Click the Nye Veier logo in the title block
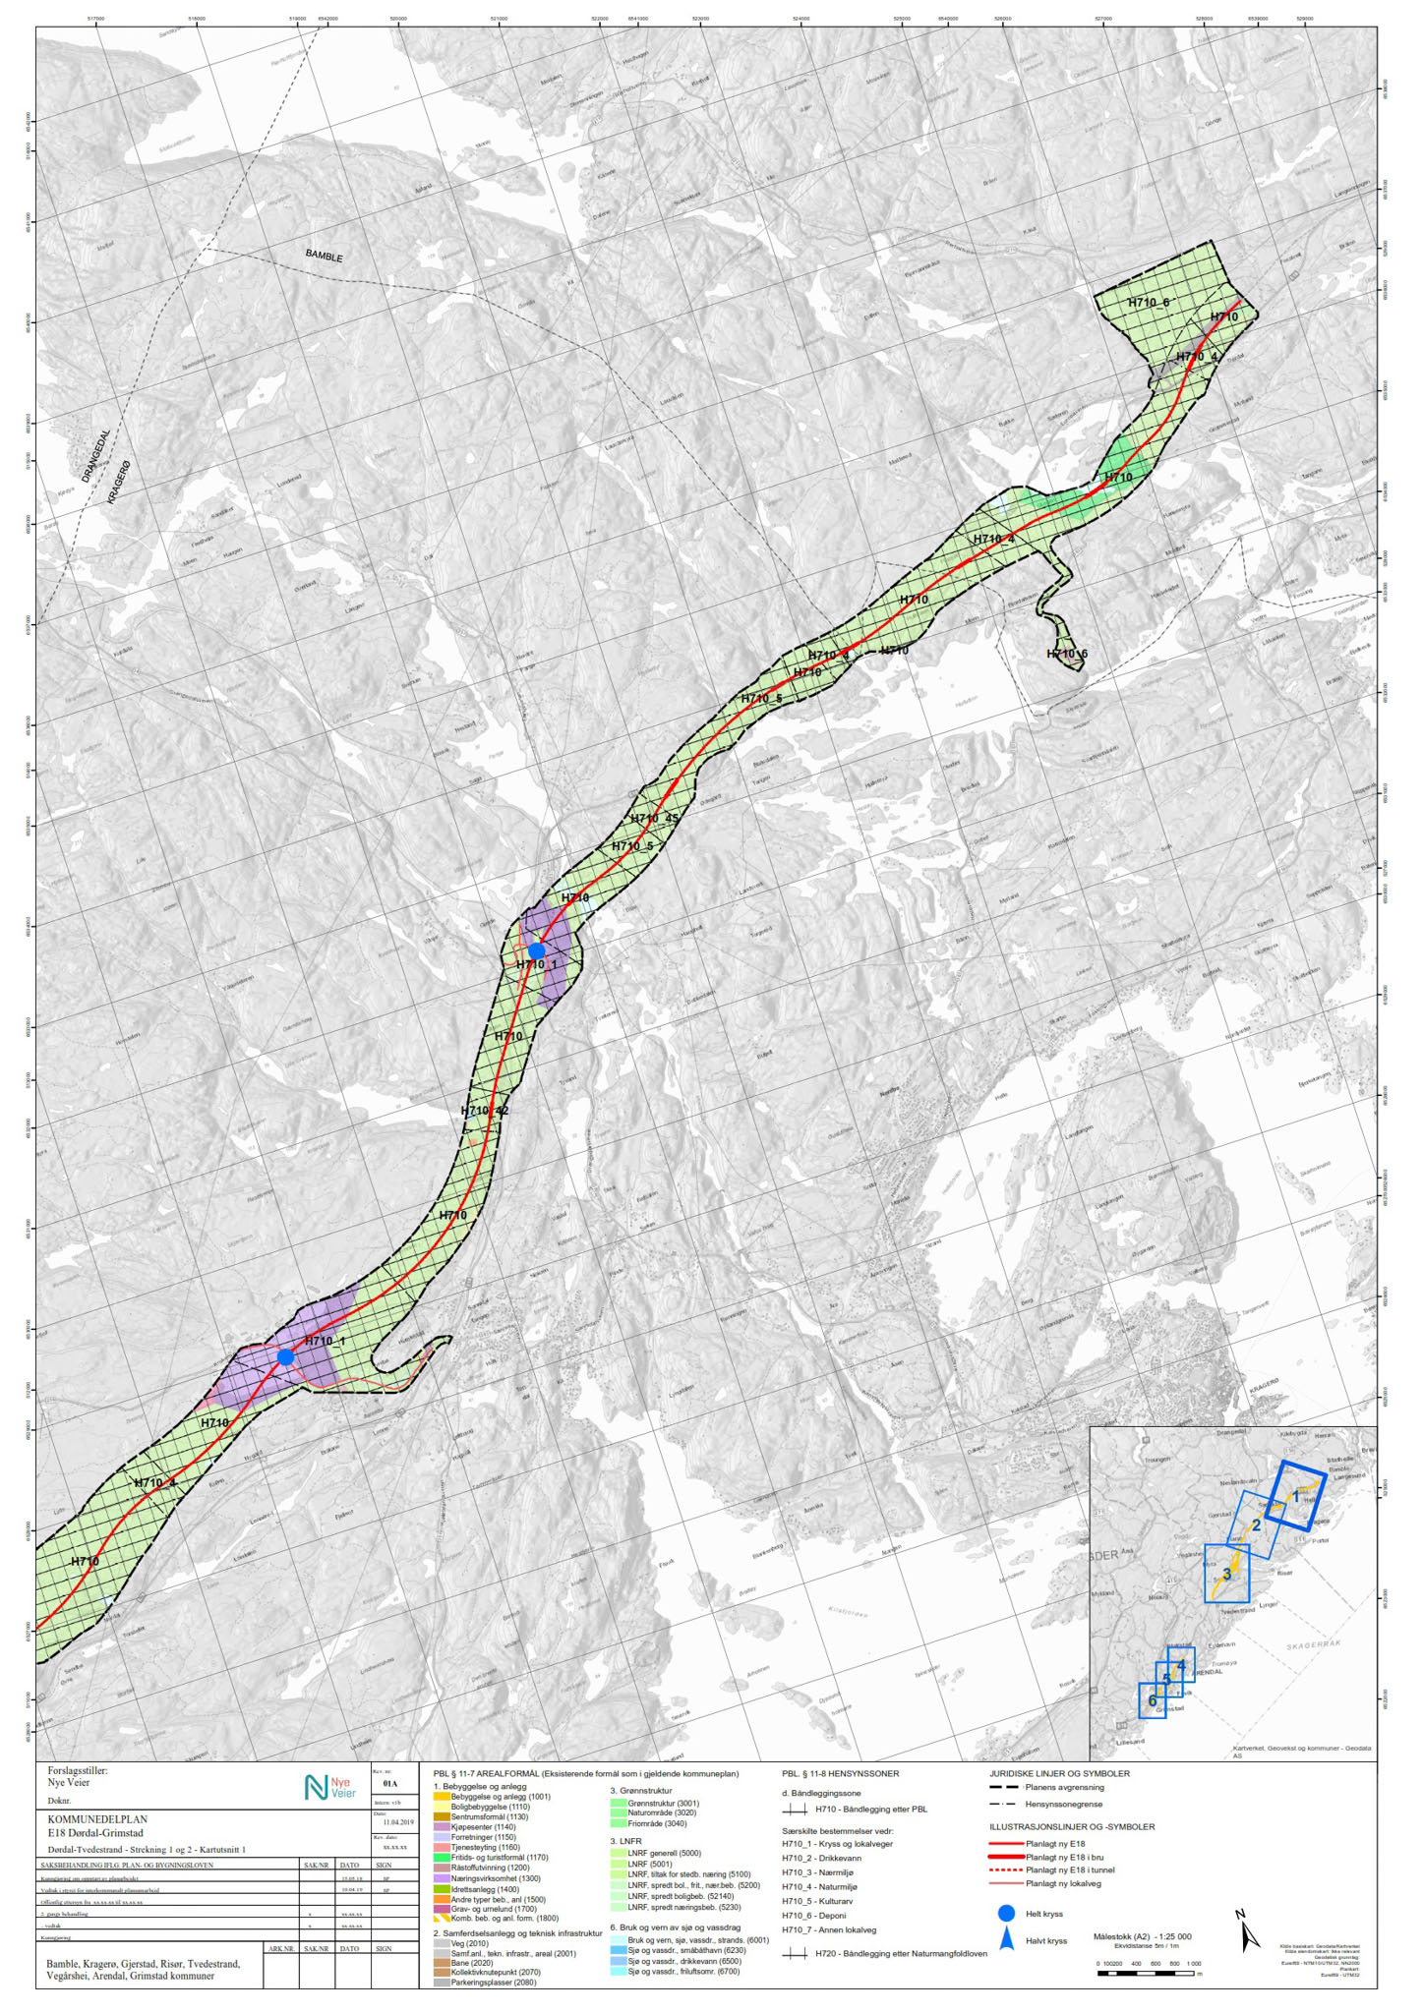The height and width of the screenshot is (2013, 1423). [x=329, y=1787]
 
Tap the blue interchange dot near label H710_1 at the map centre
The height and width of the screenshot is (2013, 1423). [x=536, y=950]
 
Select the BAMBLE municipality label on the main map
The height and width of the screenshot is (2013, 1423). [x=324, y=256]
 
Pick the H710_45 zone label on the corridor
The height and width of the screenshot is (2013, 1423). [x=654, y=818]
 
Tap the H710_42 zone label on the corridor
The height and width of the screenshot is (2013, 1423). [x=485, y=1111]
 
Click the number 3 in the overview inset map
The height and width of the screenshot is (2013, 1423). [x=1226, y=1574]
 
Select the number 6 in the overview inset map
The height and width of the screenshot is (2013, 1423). [x=1152, y=1701]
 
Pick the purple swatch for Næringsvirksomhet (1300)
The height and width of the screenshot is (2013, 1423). [x=441, y=1877]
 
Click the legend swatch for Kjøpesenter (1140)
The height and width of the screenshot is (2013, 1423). [x=441, y=1826]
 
